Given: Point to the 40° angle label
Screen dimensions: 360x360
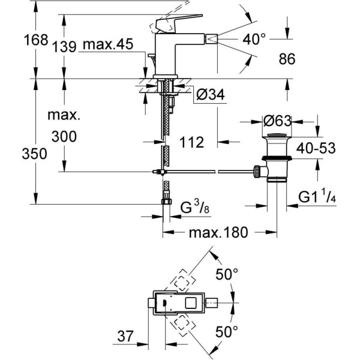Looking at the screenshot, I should (254, 40).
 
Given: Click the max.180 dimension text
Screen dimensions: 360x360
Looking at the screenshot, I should (218, 233).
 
